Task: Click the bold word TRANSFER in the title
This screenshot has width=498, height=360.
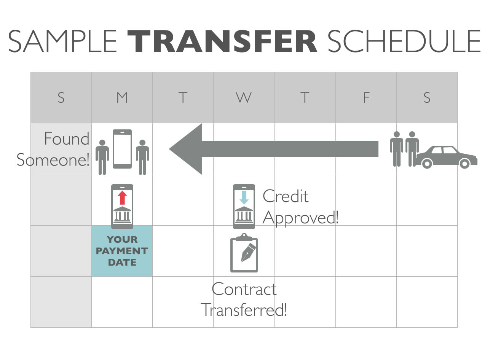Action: point(222,41)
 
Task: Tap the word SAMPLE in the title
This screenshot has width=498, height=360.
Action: point(62,41)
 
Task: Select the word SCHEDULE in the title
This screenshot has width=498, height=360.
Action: point(404,41)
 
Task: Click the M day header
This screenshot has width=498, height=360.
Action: point(122,97)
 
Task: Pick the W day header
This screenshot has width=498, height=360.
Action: point(244,97)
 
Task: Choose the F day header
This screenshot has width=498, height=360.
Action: point(366,97)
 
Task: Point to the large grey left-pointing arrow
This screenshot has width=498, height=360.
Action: point(274,149)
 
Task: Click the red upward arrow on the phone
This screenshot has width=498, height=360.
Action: point(122,198)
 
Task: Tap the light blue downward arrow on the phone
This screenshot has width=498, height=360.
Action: point(244,198)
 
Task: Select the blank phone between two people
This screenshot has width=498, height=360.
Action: point(122,149)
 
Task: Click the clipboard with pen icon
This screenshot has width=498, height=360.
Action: point(244,253)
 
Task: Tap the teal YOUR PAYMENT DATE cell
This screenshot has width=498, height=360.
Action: point(122,251)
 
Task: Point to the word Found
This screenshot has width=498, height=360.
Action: point(67,139)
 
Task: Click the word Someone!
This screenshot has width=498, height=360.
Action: point(53,159)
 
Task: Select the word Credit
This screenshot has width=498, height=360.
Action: point(286,196)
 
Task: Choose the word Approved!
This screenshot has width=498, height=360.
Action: point(300,218)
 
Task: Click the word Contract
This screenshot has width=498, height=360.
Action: point(244,289)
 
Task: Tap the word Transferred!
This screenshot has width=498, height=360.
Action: point(244,309)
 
